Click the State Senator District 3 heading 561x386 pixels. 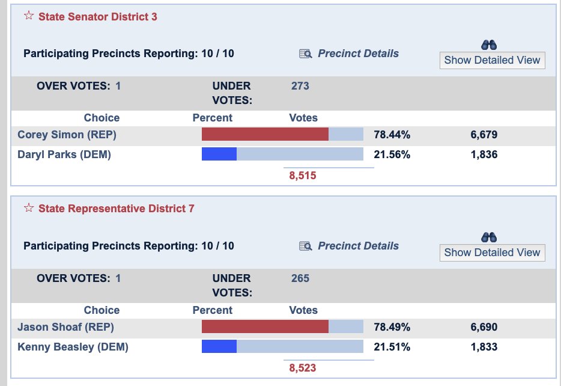(97, 17)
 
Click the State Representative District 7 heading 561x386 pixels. (116, 209)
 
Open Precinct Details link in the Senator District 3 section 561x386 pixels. (358, 54)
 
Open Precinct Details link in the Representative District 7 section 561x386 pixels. (358, 246)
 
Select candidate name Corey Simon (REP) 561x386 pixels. (67, 135)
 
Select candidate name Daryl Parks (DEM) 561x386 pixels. (64, 155)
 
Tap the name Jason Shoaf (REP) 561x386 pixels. (65, 327)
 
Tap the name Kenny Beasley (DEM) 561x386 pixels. (73, 347)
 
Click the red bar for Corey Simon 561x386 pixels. (265, 134)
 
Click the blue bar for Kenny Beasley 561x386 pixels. (219, 347)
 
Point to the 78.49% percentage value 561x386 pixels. (392, 327)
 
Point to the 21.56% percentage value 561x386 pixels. (392, 155)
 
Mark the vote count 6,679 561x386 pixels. (484, 135)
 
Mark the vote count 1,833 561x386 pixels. (484, 347)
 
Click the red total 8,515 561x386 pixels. (302, 176)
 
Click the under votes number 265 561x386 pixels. (300, 278)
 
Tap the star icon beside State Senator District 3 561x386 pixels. (29, 16)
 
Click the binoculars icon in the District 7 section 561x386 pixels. (489, 237)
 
